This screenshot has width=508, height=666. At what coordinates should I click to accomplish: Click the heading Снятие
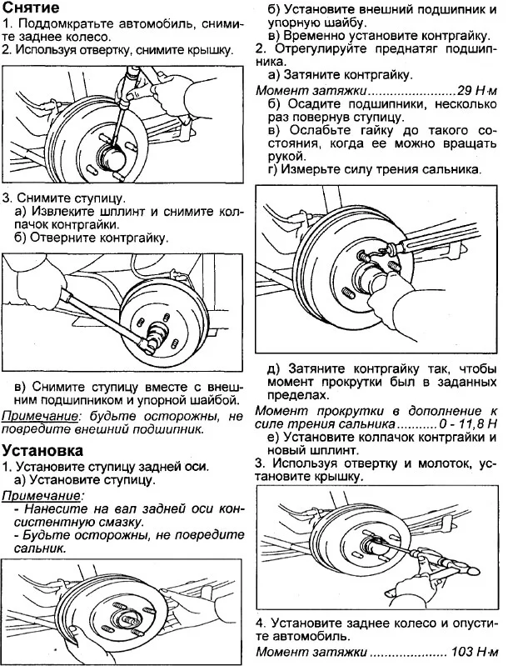click(x=31, y=8)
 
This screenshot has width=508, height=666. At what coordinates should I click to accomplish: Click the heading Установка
click(x=42, y=450)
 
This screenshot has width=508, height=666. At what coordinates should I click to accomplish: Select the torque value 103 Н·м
click(x=471, y=650)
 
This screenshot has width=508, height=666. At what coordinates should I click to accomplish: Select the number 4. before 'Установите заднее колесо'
click(x=261, y=623)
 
